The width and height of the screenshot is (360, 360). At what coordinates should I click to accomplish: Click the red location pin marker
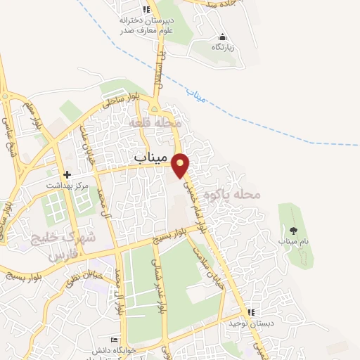[x=181, y=165]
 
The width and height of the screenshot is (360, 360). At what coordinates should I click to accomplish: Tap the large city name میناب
[x=152, y=158]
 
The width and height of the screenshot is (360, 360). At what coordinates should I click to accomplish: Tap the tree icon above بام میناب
[x=293, y=230]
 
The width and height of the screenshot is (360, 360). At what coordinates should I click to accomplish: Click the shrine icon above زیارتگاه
[x=223, y=37]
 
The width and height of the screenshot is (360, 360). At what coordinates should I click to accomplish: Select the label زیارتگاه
[x=223, y=47]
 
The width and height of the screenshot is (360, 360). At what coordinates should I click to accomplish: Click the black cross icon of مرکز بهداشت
[x=67, y=174]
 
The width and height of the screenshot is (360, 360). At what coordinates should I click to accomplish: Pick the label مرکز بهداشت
[x=67, y=185]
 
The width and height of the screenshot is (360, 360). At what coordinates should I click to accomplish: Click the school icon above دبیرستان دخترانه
[x=146, y=9]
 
